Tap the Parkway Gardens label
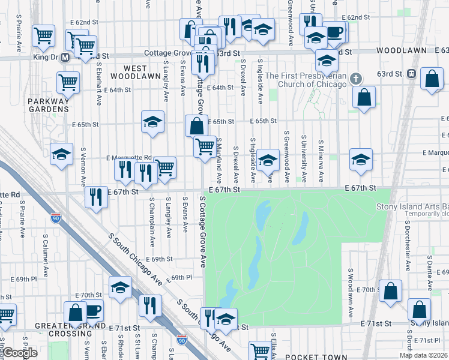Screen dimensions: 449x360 [x=49, y=105]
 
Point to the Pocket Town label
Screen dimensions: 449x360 [x=309, y=356]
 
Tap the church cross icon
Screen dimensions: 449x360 [x=356, y=79]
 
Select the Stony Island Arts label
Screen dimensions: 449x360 [x=412, y=206]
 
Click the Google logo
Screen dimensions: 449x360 [x=19, y=353]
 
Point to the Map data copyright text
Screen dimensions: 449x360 [x=423, y=355]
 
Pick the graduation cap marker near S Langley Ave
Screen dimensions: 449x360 [x=153, y=122]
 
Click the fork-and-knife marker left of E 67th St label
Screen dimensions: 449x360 [x=96, y=197]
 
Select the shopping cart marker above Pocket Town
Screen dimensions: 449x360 [x=260, y=350]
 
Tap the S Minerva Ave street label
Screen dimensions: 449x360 [x=322, y=162]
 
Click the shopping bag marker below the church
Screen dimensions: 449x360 [x=364, y=97]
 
